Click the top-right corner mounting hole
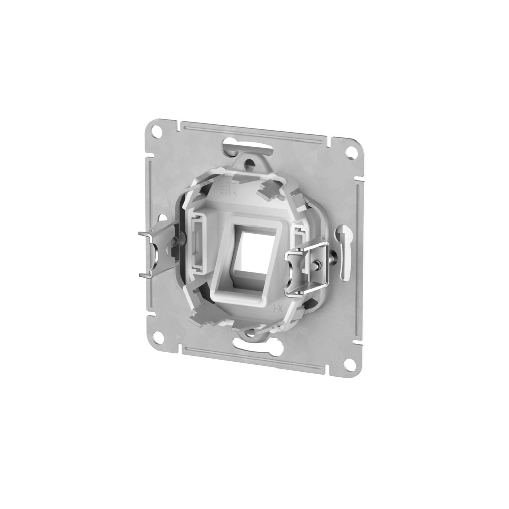point(349,152)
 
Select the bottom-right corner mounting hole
point(349,365)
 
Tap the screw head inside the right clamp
point(317,265)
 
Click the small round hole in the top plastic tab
point(249,164)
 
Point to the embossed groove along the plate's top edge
point(254,130)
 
